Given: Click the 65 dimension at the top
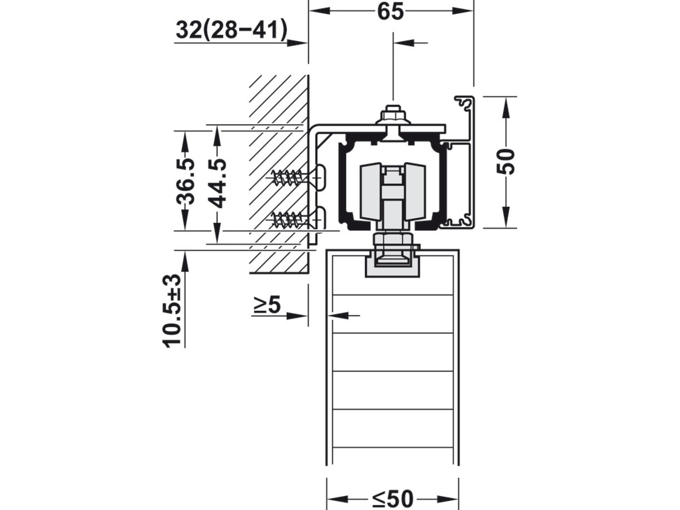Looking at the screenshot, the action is [391, 12].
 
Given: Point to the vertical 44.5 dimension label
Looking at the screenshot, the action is [217, 183].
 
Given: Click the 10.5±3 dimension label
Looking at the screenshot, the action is [172, 311].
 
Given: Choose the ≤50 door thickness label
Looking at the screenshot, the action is [393, 499].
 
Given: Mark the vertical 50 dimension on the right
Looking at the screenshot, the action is [506, 162].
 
